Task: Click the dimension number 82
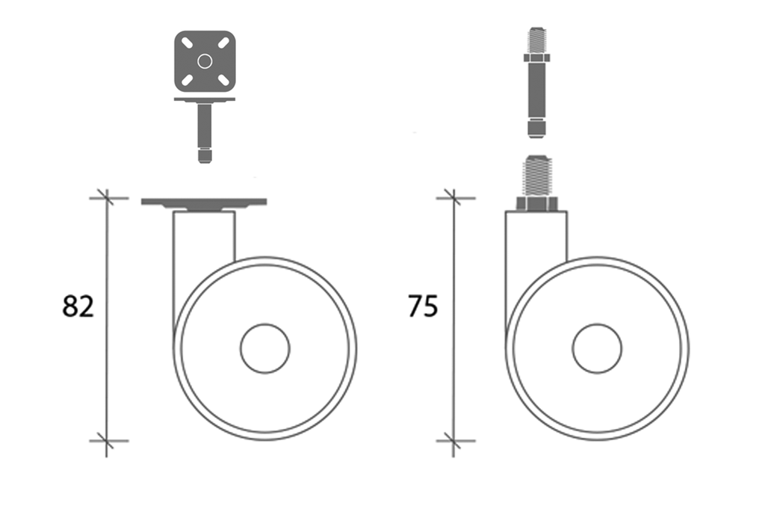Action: click(78, 306)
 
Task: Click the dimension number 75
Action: click(423, 306)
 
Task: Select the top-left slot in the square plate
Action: click(187, 43)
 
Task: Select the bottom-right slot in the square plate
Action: click(223, 79)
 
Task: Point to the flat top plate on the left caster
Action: click(204, 202)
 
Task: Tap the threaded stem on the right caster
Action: click(536, 176)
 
